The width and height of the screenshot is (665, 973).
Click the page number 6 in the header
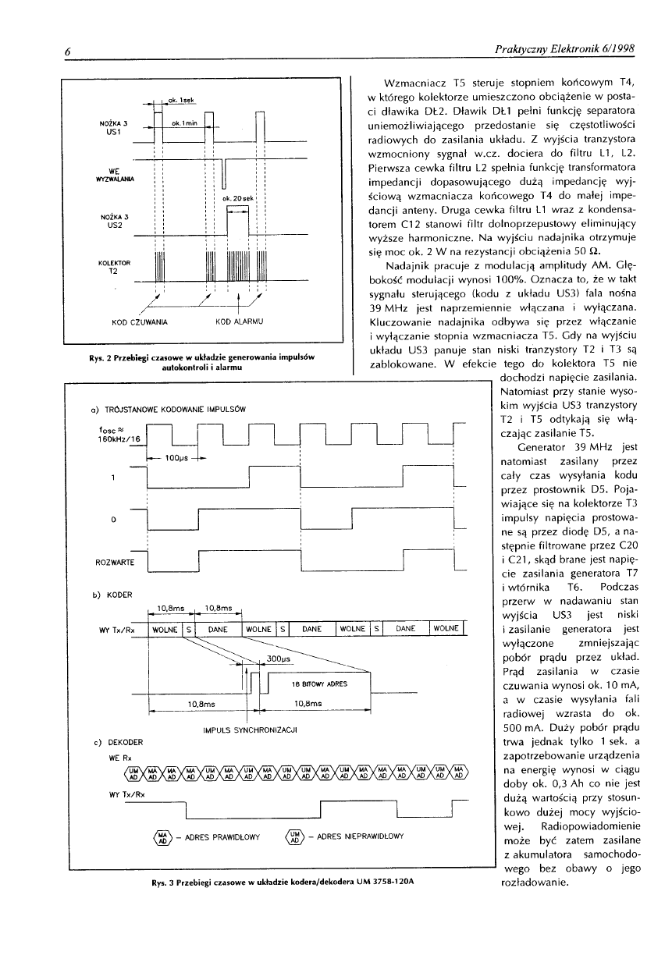[x=69, y=51]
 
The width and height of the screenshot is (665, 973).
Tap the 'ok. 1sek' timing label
[x=181, y=101]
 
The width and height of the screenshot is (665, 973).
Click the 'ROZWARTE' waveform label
[x=115, y=562]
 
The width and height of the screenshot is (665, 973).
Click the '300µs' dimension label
[x=278, y=659]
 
